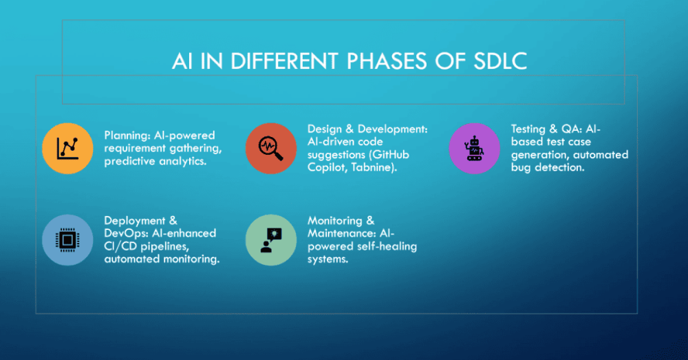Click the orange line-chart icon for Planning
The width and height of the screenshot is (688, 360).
pos(67,149)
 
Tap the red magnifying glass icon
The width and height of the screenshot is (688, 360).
pos(270,149)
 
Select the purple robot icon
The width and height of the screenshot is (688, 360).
pos(474,149)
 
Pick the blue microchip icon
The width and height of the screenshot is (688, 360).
pos(67,240)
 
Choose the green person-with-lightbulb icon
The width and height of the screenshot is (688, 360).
pos(270,240)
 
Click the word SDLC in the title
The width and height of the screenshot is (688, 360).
pos(500,61)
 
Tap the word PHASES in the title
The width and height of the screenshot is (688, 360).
pos(387,61)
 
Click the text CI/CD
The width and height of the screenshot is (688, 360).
pos(120,246)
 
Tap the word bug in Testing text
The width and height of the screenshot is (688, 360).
pos(521,168)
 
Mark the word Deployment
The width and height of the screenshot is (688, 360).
pos(129,221)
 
